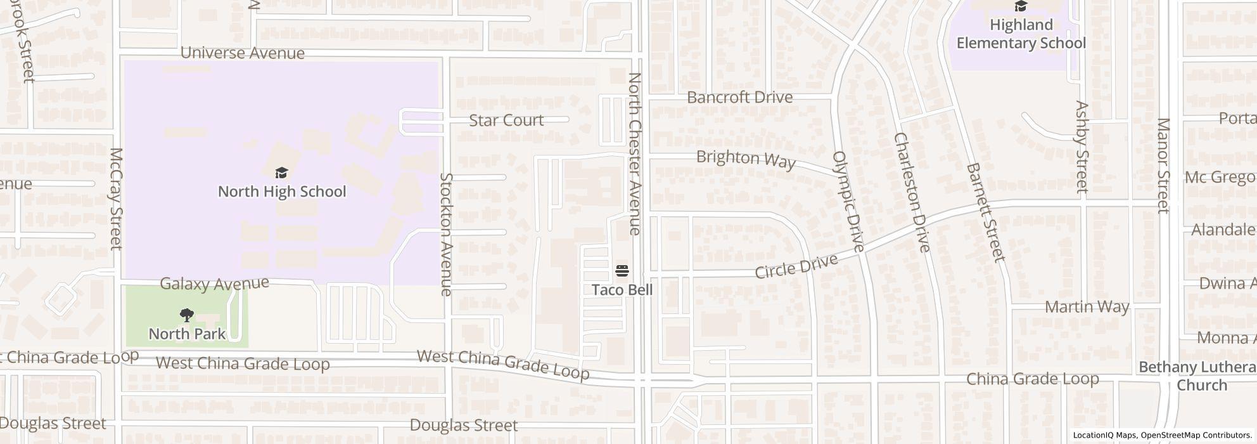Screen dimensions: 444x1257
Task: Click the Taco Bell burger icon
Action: pyautogui.click(x=622, y=271)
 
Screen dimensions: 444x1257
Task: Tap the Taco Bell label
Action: pyautogui.click(x=622, y=290)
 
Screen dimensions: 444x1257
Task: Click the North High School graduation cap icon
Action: pyautogui.click(x=281, y=173)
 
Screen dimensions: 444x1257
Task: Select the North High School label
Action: pyautogui.click(x=282, y=192)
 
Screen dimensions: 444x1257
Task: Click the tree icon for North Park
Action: pyautogui.click(x=186, y=315)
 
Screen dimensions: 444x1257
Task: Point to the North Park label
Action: pyautogui.click(x=187, y=334)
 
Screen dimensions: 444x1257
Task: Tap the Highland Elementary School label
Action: pyautogui.click(x=1021, y=34)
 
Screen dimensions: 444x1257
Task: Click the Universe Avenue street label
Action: pyautogui.click(x=243, y=53)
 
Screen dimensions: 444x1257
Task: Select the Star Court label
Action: pyautogui.click(x=506, y=120)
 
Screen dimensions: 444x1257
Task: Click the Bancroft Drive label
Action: pyautogui.click(x=739, y=97)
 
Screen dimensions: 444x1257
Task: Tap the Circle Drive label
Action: pyautogui.click(x=796, y=266)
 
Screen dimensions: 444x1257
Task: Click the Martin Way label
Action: pyautogui.click(x=1087, y=307)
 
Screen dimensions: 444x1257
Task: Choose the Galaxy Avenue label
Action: pyautogui.click(x=214, y=284)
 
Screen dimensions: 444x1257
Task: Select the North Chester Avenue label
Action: pyautogui.click(x=635, y=153)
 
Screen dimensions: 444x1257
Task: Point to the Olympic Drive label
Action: pyautogui.click(x=848, y=201)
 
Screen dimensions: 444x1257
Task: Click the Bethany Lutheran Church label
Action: pyautogui.click(x=1197, y=376)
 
